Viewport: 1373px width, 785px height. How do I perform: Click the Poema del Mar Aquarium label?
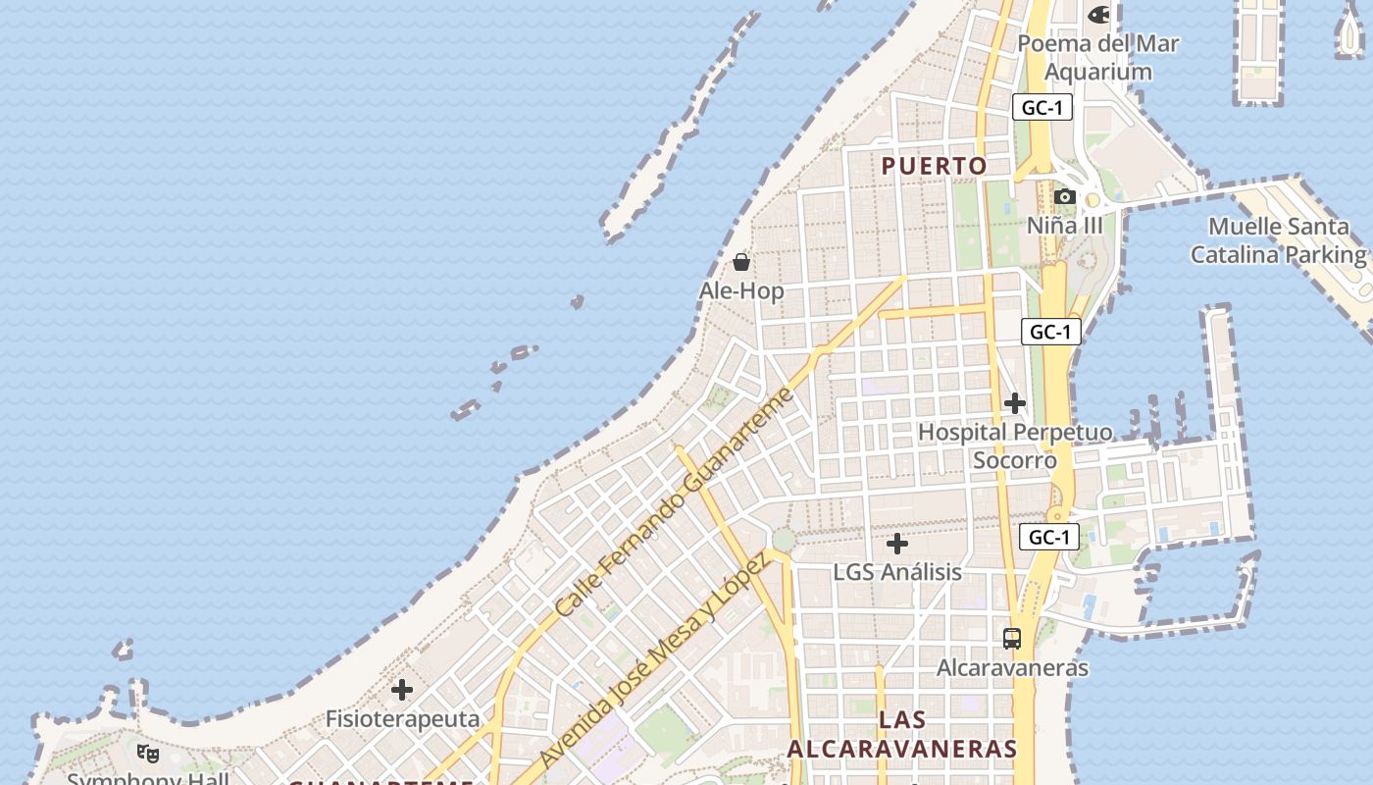click(1097, 58)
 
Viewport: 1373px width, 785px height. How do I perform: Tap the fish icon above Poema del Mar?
click(1099, 15)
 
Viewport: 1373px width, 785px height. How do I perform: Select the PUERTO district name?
click(934, 166)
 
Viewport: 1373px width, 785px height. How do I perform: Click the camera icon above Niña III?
click(1065, 197)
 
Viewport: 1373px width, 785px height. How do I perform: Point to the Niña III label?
click(1065, 226)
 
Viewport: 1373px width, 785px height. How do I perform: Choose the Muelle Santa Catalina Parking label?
click(1278, 240)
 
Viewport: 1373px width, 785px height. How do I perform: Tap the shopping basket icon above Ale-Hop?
click(741, 262)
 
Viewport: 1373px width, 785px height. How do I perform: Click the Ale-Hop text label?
click(741, 291)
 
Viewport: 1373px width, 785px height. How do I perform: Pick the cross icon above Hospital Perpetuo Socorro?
click(1015, 403)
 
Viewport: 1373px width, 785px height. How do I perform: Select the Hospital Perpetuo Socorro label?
click(1015, 446)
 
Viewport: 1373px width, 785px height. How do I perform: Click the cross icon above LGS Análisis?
click(897, 544)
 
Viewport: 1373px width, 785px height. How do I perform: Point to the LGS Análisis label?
click(897, 572)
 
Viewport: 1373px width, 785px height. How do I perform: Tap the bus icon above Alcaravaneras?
click(1012, 639)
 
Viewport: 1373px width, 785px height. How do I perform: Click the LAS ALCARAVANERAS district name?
click(902, 734)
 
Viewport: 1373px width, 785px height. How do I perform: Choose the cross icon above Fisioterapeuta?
click(402, 691)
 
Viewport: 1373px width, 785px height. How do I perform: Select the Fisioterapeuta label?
click(402, 719)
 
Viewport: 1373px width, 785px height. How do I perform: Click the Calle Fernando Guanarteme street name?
click(673, 502)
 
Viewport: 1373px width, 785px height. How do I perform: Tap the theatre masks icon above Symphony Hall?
click(148, 754)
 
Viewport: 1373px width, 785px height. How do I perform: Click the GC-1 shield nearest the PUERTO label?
click(1042, 108)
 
